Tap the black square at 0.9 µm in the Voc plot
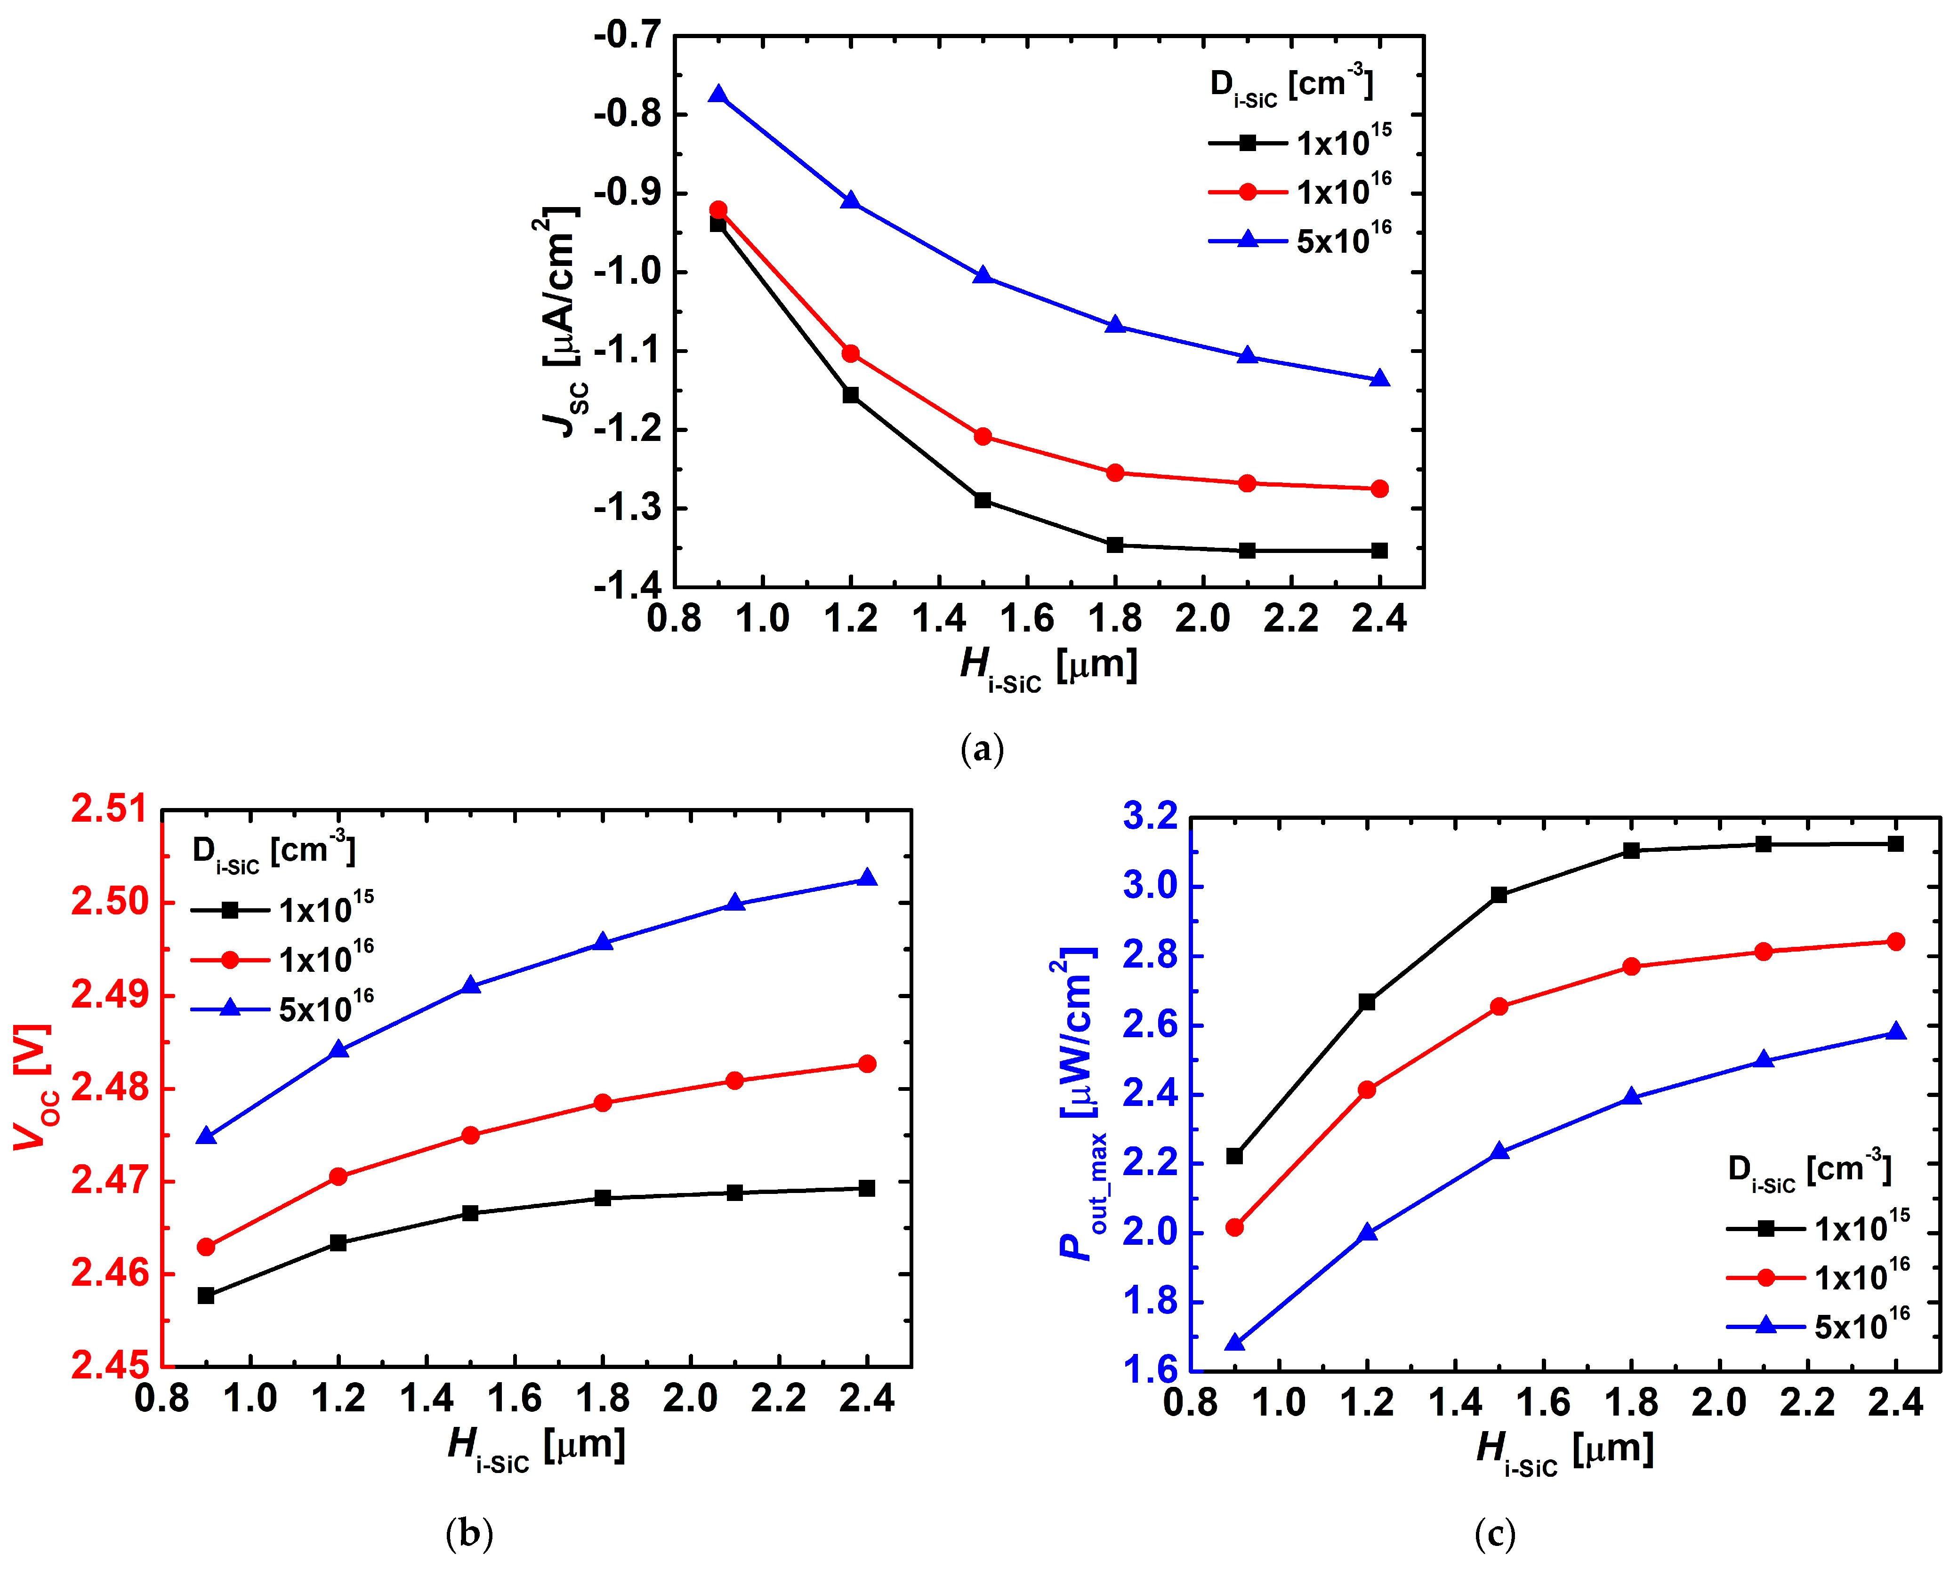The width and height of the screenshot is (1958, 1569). (206, 1296)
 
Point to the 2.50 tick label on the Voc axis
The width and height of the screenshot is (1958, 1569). (109, 903)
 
